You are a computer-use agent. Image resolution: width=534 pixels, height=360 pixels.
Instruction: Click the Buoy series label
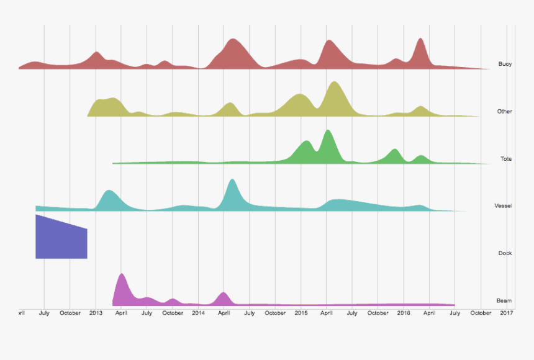pos(504,64)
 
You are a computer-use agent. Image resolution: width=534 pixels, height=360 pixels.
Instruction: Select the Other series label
pos(504,112)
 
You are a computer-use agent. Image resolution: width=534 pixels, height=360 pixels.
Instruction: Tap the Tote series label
pos(505,159)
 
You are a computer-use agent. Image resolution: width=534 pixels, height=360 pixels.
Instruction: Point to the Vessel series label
pos(502,205)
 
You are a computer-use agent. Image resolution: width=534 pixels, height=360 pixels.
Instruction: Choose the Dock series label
pos(504,253)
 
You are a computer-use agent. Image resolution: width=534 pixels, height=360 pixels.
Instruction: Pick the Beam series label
pos(504,300)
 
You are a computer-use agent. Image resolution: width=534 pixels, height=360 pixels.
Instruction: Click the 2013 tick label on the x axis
pos(96,313)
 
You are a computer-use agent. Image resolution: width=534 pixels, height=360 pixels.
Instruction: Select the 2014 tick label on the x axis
pos(198,313)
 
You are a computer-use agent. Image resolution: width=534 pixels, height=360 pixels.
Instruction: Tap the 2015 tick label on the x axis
pos(301,313)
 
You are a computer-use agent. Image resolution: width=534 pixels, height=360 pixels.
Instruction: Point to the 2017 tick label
pos(506,313)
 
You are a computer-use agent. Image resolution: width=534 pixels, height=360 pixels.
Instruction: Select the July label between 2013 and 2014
pos(147,313)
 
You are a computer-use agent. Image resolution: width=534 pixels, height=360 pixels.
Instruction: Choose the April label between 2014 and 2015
pos(224,313)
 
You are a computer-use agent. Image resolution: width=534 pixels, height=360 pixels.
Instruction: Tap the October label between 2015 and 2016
pos(378,313)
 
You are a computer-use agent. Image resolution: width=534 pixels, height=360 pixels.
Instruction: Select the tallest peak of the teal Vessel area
pos(232,181)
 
